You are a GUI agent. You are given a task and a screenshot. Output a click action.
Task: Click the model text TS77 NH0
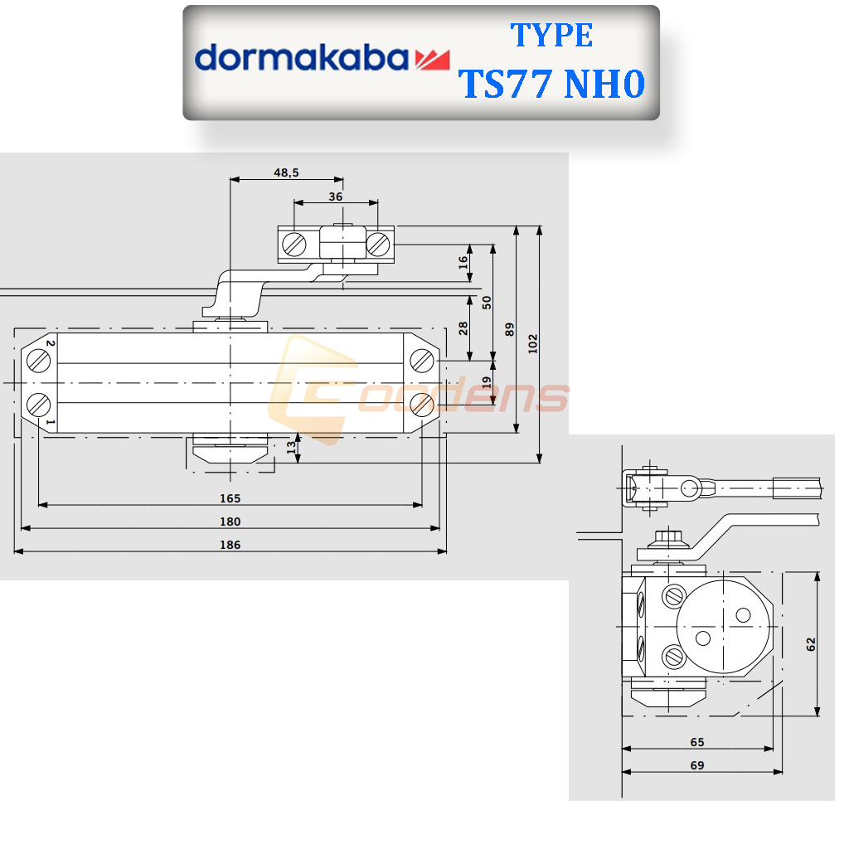tap(552, 84)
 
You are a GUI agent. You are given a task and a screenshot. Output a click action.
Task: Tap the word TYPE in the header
tap(551, 36)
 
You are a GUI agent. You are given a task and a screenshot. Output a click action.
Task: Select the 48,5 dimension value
tap(286, 172)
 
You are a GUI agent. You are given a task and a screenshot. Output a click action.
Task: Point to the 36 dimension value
tap(336, 196)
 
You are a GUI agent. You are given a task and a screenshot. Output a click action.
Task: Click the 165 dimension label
tap(230, 497)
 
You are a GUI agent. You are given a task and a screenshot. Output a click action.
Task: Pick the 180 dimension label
tap(230, 522)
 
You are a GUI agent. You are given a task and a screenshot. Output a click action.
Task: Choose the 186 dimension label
tap(230, 545)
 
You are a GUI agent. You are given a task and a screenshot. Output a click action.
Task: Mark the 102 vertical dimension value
tap(533, 343)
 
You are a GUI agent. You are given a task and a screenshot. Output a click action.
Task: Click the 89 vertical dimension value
tap(510, 329)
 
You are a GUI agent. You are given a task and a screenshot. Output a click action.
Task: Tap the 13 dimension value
tap(290, 448)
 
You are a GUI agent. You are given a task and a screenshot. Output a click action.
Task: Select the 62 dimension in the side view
tap(811, 643)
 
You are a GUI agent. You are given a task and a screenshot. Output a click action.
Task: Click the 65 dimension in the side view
tap(696, 742)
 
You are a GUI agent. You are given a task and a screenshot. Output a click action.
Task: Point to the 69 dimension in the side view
tap(696, 765)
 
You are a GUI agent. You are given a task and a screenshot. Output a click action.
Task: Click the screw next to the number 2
tap(38, 361)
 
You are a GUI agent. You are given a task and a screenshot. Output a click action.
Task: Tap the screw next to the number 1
tap(38, 405)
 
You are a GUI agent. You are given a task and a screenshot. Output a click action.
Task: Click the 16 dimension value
tap(463, 263)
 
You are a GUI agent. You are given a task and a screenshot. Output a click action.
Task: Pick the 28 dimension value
tap(463, 328)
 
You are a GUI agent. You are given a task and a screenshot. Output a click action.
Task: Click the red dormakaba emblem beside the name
tap(431, 59)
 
